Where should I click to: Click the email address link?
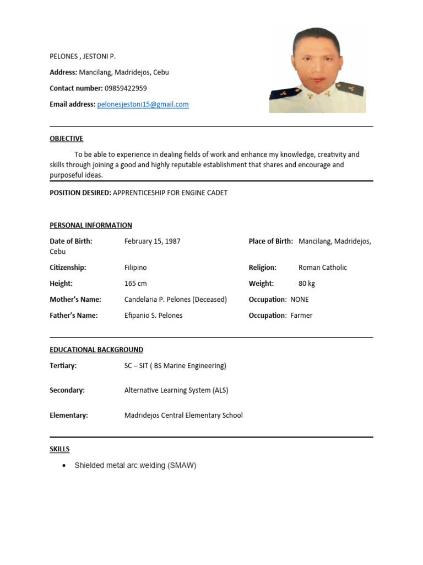click(x=143, y=104)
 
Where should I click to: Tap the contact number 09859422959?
click(x=126, y=88)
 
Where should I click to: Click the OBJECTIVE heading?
click(x=66, y=138)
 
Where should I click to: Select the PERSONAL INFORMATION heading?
click(x=91, y=225)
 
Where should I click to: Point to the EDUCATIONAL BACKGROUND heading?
click(x=96, y=350)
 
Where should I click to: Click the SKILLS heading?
click(x=59, y=449)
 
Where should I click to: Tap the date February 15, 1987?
click(x=153, y=241)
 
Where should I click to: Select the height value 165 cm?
click(x=135, y=284)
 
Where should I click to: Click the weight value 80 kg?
click(x=307, y=284)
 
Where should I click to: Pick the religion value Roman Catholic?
click(x=323, y=268)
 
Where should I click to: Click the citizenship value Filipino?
click(x=135, y=268)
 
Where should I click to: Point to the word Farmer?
click(x=301, y=316)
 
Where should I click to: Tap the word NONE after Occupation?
click(x=300, y=300)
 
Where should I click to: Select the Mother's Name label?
click(x=75, y=300)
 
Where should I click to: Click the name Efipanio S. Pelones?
click(x=153, y=316)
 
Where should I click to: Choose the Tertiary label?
click(x=63, y=366)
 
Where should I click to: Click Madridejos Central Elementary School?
click(x=183, y=415)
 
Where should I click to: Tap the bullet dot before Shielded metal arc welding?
click(x=64, y=466)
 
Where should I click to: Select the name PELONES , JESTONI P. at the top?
click(x=83, y=56)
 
